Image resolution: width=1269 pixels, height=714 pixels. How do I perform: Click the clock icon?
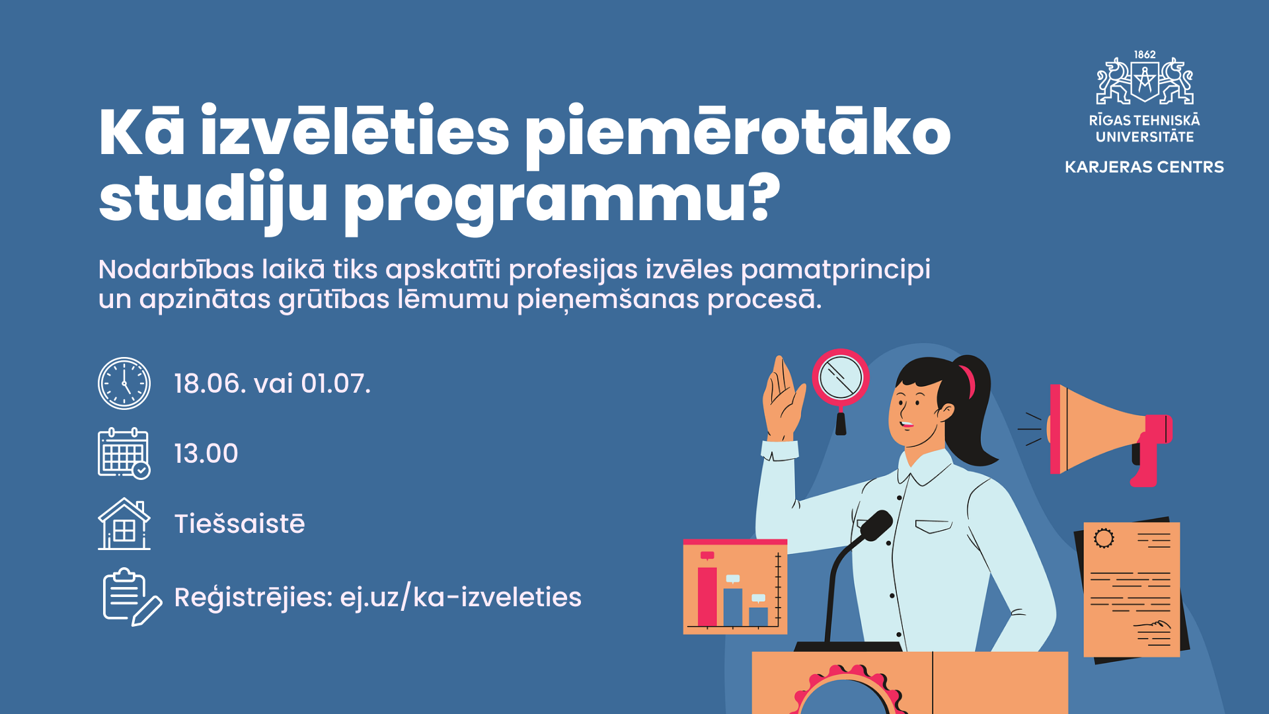(124, 383)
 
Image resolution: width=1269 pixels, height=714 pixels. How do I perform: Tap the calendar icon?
(124, 453)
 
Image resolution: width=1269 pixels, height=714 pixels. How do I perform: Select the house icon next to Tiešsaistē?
(124, 524)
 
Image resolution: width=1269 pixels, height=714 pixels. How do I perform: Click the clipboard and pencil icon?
(131, 597)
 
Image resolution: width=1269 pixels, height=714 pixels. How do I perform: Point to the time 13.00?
(206, 454)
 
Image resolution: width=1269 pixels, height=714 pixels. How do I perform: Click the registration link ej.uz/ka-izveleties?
(461, 597)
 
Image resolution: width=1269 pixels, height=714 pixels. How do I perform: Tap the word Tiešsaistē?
(239, 524)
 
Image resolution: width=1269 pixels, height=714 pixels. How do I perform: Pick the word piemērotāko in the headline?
(738, 132)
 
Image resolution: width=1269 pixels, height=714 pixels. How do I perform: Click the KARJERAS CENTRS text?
(1144, 167)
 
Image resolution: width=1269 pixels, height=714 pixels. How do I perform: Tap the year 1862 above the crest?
(1145, 55)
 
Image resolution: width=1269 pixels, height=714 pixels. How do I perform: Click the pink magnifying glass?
(840, 378)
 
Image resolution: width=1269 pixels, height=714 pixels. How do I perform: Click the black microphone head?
(876, 525)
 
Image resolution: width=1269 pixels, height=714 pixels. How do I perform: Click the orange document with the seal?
(1132, 588)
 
